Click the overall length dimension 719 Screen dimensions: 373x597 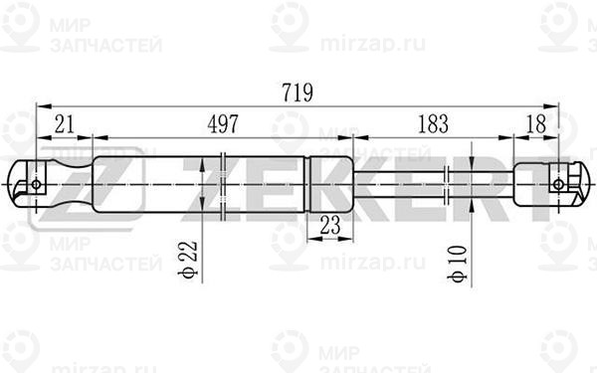point(297,93)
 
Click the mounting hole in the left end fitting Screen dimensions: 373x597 point(37,184)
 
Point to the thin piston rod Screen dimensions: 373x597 point(398,183)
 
